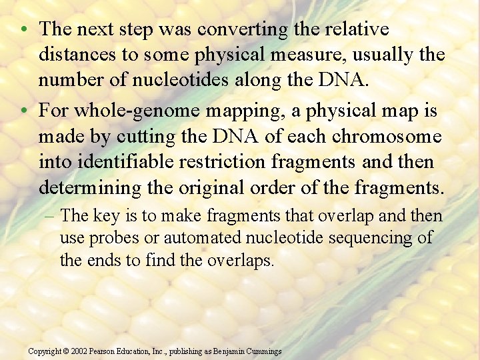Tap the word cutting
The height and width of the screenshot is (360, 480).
(x=162, y=137)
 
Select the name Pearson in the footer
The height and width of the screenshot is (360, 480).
(x=106, y=351)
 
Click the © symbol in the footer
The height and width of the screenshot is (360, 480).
(x=67, y=351)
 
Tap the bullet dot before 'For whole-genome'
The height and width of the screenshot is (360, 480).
(x=23, y=110)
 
